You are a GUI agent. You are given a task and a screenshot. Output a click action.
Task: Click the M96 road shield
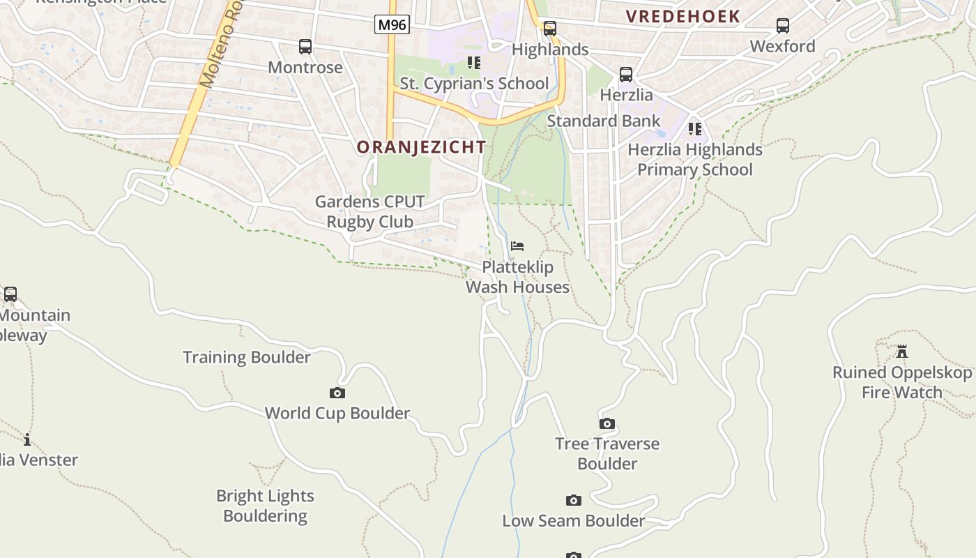391,25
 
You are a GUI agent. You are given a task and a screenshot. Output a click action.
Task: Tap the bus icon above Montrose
305,47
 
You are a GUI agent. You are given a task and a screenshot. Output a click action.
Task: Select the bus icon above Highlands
550,29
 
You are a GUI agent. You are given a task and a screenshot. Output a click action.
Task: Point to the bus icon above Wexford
783,26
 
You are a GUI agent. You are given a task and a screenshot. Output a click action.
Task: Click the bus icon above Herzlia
626,75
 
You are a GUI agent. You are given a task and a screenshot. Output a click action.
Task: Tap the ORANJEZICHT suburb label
421,147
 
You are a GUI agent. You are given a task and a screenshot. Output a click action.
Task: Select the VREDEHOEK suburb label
683,17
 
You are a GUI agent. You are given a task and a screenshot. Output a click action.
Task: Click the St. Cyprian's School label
474,84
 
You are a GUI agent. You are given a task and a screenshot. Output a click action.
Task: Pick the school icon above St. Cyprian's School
474,63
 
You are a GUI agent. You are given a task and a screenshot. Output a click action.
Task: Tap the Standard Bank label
603,121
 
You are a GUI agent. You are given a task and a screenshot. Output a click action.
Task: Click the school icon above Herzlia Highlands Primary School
695,129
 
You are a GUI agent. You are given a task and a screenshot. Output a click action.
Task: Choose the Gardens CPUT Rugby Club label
370,211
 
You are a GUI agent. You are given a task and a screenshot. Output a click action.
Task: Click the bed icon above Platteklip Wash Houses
517,246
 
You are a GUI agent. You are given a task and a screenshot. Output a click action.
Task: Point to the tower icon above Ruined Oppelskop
902,351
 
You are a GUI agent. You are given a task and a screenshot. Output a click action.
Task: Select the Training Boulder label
247,357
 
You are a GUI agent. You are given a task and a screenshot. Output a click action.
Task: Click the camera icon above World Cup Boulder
337,393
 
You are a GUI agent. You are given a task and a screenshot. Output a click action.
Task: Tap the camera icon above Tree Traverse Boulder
607,424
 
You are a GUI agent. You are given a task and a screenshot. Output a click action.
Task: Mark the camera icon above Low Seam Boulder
574,501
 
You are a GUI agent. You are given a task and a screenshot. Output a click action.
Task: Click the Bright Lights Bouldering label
265,506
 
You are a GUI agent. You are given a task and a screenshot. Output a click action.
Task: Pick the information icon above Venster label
27,439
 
